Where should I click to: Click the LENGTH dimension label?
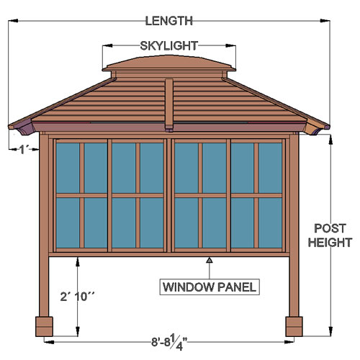coord(169,21)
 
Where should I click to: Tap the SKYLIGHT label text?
coord(169,46)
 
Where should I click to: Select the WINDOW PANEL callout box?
coord(210,287)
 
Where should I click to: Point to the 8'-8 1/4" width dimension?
coord(169,343)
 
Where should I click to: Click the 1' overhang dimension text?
coord(24,150)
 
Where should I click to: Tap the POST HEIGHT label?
coord(330,235)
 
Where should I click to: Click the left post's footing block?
coord(44,326)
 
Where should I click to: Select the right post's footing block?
coord(294,326)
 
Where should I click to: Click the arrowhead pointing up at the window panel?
coord(210,260)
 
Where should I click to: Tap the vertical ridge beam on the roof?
coord(169,105)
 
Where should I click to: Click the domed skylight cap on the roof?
coord(169,63)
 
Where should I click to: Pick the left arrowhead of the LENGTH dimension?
coord(13,21)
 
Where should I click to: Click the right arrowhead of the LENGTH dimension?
coord(325,21)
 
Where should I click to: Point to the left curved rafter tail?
coord(24,128)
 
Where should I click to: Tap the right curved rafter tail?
coord(314,128)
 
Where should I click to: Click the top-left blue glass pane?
coord(68,168)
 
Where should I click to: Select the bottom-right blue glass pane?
coord(270,222)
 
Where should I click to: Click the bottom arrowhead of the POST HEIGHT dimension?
coord(330,331)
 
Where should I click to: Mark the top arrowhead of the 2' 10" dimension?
coord(78,262)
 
